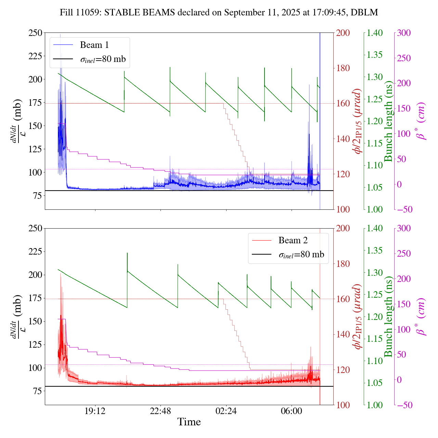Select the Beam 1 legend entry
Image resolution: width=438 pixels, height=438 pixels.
94,45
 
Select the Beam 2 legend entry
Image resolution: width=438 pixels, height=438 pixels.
293,241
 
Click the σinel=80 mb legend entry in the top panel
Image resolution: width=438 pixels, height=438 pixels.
103,59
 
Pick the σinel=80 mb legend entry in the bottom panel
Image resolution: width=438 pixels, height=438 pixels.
301,255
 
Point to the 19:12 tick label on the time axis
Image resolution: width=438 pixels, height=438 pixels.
95,411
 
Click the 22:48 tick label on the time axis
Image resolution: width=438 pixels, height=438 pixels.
160,411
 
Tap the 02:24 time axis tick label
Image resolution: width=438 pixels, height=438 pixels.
226,411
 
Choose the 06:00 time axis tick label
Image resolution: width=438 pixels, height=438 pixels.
292,411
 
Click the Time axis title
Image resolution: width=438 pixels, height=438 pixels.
189,422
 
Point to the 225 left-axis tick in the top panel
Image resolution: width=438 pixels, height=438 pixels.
35,56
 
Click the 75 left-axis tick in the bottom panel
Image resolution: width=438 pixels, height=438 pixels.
37,391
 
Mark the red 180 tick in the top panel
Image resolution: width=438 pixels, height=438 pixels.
343,68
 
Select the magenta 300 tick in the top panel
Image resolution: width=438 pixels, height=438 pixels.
404,33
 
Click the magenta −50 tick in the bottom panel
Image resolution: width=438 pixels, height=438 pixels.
404,405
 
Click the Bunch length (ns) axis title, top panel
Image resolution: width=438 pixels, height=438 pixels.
388,121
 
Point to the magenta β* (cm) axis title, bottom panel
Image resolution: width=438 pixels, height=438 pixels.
421,317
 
